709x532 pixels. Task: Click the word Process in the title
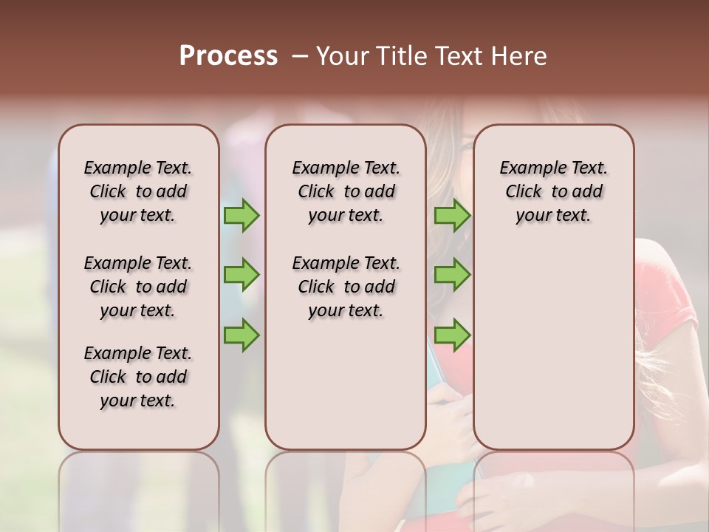(228, 55)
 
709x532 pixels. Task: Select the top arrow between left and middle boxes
(242, 216)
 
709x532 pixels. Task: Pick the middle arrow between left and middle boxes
(242, 275)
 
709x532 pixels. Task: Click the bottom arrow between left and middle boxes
(242, 334)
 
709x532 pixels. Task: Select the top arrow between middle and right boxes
(452, 216)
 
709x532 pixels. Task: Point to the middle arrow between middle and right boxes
(452, 275)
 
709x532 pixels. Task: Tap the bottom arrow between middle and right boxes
(452, 334)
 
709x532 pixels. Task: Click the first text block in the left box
(138, 191)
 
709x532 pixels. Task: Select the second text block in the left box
(138, 287)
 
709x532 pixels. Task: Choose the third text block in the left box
(138, 377)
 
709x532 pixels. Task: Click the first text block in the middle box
(346, 191)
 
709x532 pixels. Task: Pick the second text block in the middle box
(346, 287)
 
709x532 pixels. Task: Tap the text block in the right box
(553, 191)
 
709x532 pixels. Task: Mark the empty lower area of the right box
(553, 347)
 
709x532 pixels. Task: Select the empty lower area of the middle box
(346, 384)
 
